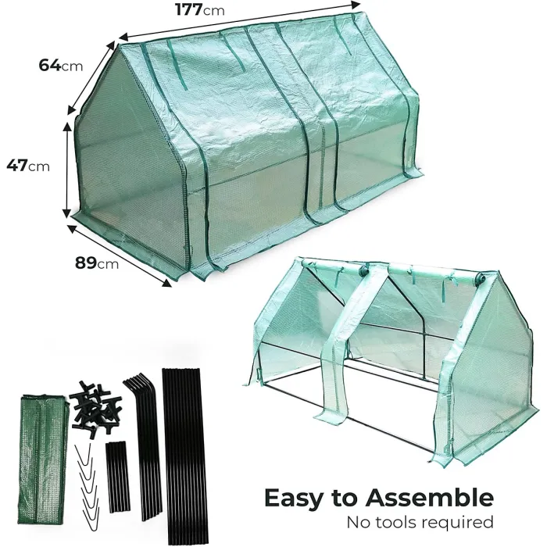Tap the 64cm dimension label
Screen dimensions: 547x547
(x=60, y=65)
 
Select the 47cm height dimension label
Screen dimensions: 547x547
(x=27, y=165)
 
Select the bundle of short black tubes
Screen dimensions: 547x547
(x=116, y=477)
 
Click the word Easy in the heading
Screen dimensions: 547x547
(x=300, y=499)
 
